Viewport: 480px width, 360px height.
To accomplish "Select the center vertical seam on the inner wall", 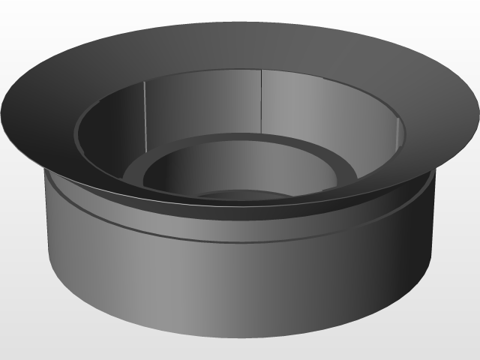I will (260, 101).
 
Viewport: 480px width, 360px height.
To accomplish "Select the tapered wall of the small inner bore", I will (187, 169).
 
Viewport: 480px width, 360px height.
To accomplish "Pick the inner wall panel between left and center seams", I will (202, 105).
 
